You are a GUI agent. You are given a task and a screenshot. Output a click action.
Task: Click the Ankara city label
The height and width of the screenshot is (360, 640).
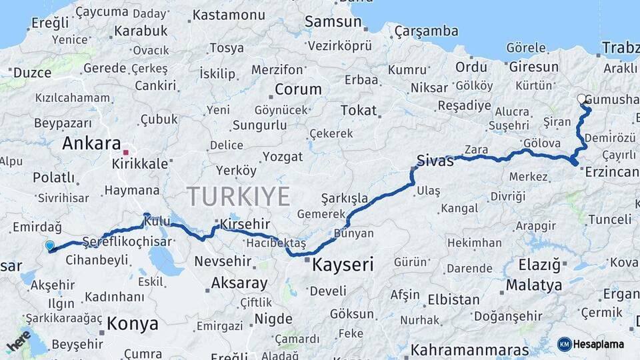click(x=91, y=144)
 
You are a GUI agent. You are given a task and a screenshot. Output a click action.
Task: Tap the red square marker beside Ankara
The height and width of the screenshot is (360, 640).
click(x=125, y=153)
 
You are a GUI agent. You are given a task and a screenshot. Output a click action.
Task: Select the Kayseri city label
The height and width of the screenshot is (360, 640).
click(x=343, y=265)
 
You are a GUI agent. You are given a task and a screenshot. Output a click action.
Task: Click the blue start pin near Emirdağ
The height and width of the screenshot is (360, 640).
click(x=50, y=246)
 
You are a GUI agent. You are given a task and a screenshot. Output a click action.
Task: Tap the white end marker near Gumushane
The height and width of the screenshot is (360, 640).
click(x=581, y=99)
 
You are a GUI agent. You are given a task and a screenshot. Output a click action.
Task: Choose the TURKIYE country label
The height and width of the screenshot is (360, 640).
click(x=238, y=197)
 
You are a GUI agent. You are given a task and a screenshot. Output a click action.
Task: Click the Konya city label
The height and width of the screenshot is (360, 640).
click(x=133, y=324)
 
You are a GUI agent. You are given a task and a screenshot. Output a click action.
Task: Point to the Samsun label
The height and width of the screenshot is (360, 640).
click(x=333, y=21)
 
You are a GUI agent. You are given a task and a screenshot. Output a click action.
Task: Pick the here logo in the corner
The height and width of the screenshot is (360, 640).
click(x=19, y=341)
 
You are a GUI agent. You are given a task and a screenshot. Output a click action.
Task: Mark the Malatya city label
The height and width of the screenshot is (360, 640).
click(x=533, y=285)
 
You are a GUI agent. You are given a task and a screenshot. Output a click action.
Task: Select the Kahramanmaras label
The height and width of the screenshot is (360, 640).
click(x=470, y=350)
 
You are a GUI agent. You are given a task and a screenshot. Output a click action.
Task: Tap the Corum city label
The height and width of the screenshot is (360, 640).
click(x=298, y=89)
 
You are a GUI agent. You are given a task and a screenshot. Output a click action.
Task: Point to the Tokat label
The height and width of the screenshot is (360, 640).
click(x=358, y=111)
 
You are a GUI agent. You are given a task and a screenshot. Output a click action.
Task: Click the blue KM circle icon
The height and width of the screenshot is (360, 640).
click(x=564, y=344)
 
